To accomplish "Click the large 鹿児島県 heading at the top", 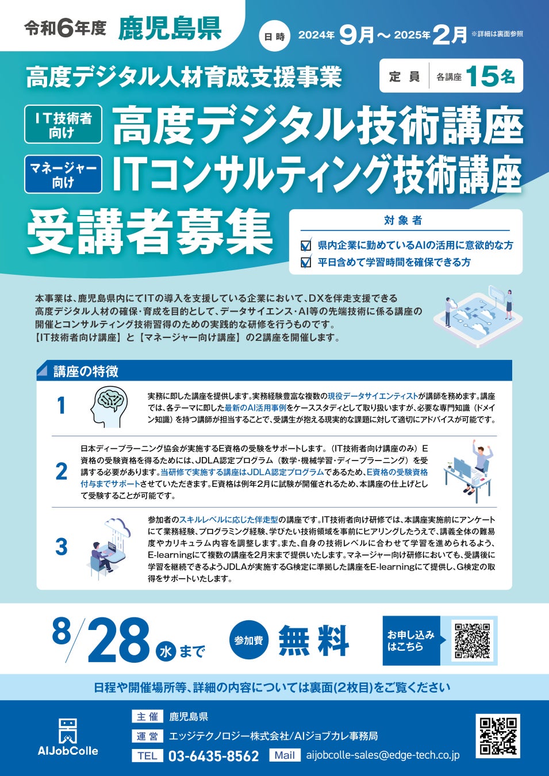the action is tap(170, 29).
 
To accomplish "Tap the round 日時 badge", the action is tap(274, 36).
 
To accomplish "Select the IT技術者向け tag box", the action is tap(63, 124).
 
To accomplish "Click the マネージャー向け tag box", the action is tap(63, 174).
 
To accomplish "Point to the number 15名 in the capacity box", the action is tap(490, 76).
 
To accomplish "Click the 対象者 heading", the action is tap(403, 220).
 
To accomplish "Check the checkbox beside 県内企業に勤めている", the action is tap(306, 245).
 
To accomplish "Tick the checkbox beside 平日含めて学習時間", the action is tap(306, 262).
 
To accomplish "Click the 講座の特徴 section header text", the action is tap(86, 371).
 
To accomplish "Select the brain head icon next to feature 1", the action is tap(109, 407).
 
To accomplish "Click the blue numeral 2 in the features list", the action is tap(62, 471).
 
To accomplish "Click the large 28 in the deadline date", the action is tap(119, 640).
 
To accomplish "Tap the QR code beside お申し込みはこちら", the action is tap(472, 640).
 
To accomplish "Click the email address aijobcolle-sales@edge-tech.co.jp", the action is tap(383, 755).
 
